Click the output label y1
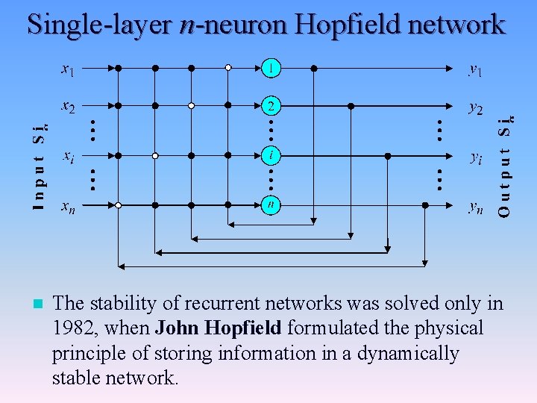tap(475, 70)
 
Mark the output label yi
tap(475, 157)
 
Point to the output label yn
tap(475, 206)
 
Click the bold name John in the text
tap(180, 328)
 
